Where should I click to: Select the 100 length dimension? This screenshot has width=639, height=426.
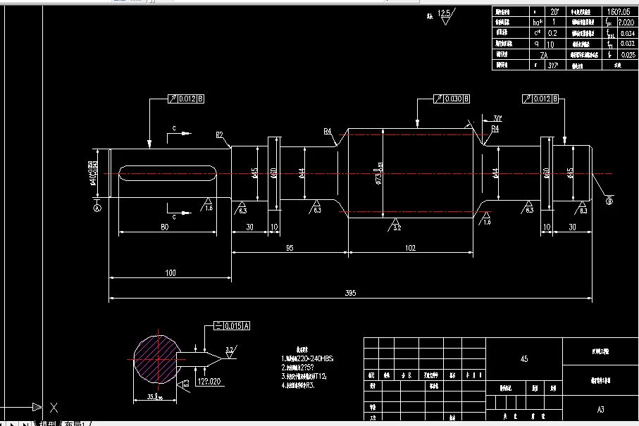coord(170,272)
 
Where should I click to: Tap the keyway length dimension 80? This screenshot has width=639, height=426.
coord(165,227)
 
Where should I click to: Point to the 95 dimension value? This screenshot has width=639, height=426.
coord(290,248)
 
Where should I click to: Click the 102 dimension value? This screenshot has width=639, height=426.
coord(410,248)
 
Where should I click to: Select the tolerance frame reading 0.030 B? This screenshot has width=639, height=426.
coord(452,99)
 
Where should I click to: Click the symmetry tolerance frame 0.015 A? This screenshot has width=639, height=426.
coord(231,326)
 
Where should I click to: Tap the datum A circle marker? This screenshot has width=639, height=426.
coord(97,207)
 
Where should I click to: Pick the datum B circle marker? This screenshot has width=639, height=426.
coord(609,201)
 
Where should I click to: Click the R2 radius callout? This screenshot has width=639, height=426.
coord(219,134)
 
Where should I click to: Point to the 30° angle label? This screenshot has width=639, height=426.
coord(497,118)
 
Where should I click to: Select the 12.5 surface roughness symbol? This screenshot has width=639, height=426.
coord(445,15)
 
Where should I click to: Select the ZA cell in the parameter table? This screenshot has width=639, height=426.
coord(543,54)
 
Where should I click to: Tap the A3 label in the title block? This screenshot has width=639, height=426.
coord(600,409)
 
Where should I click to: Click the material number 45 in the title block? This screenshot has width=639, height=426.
coord(523,359)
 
